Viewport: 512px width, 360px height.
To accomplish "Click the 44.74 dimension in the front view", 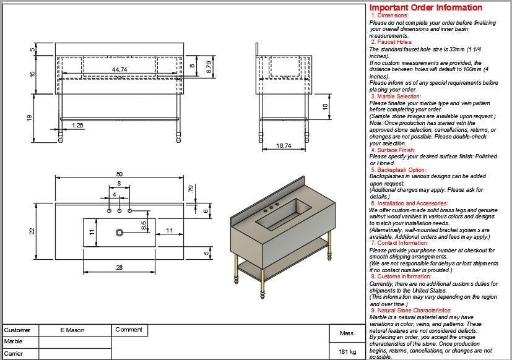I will [119, 70].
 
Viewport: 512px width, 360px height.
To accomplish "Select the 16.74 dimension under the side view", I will [284, 145].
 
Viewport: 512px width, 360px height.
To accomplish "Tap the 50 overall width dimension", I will [119, 174].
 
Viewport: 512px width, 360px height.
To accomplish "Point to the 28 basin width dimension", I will [119, 267].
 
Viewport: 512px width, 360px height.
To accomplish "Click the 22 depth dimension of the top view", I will [30, 230].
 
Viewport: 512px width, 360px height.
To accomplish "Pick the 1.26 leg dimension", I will [78, 126].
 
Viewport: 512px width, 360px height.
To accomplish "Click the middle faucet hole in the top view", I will [119, 212].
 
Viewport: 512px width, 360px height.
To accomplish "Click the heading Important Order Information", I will [426, 7].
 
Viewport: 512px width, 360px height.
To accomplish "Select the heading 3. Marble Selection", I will [396, 96].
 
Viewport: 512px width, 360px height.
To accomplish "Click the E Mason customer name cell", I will [72, 330].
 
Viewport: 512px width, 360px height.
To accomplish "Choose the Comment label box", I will [129, 330].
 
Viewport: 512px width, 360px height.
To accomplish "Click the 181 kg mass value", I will [347, 352].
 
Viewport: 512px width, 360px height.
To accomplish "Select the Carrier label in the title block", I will [14, 353].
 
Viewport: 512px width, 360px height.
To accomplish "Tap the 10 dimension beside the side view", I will [324, 106].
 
